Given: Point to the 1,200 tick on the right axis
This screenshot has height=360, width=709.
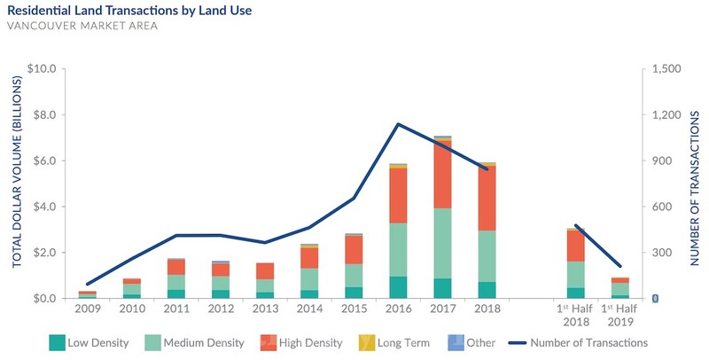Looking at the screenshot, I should pos(666,115).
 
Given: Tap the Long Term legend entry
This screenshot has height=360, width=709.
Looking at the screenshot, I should pos(417,342).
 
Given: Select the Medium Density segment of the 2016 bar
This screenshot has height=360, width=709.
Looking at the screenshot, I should pos(400,249).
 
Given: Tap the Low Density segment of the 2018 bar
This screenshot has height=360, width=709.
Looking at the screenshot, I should pos(486,290).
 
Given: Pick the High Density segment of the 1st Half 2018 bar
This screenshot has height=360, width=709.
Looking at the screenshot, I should pos(575,246).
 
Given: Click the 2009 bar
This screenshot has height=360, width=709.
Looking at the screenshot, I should pos(88,294).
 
